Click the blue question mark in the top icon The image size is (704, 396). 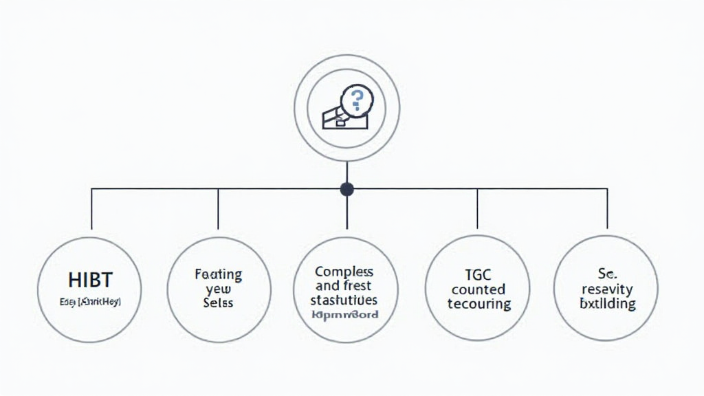(356, 101)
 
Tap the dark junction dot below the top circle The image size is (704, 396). (347, 188)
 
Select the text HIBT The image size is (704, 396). (90, 280)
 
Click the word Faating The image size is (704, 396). (219, 275)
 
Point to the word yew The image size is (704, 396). (218, 289)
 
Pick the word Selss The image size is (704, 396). (218, 302)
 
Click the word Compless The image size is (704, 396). (344, 272)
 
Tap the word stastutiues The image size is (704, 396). (344, 300)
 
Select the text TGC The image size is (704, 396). (478, 275)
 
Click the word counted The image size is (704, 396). (478, 289)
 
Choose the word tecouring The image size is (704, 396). (478, 304)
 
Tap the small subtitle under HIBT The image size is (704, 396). (90, 301)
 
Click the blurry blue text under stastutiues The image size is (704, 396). (344, 315)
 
